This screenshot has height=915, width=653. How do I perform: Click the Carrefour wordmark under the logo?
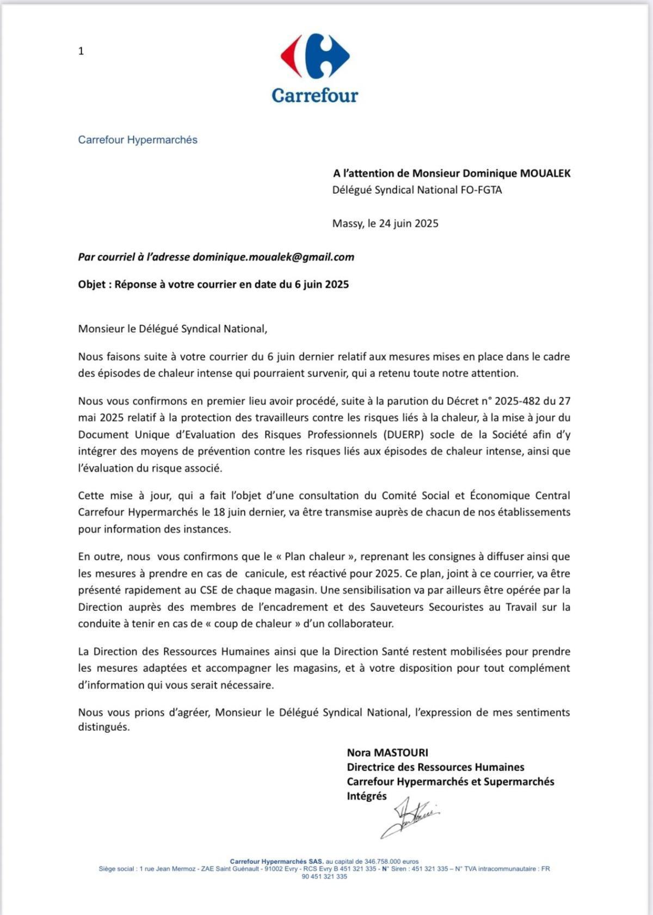[x=315, y=95]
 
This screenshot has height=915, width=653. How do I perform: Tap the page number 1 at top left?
[x=81, y=51]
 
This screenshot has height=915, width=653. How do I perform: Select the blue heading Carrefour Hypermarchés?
[x=138, y=140]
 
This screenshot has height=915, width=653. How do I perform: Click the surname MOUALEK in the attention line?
[x=545, y=174]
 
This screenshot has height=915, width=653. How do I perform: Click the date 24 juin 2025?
[x=403, y=224]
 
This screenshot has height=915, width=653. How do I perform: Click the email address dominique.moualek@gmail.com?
[x=273, y=257]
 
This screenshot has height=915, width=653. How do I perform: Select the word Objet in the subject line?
[x=92, y=285]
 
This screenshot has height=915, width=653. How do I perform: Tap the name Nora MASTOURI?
[x=387, y=753]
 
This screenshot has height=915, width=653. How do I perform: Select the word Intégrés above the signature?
[x=367, y=796]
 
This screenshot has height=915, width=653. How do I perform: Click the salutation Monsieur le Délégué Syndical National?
[x=173, y=329]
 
